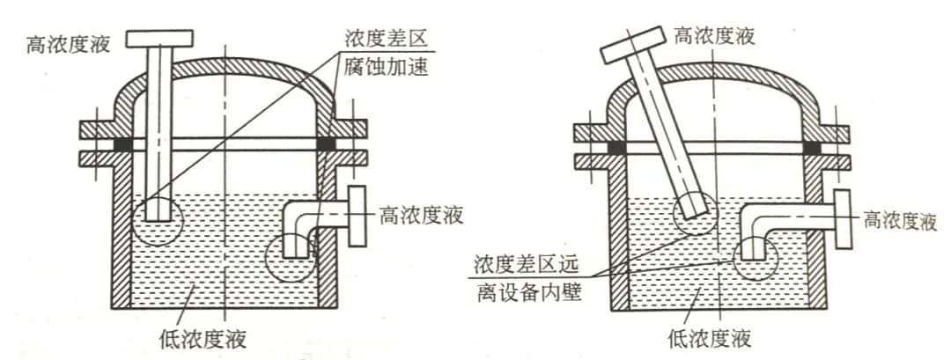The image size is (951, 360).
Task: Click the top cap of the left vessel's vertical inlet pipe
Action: tap(159, 39)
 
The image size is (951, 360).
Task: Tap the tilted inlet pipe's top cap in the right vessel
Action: tap(632, 44)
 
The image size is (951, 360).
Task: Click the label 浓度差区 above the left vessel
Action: tap(387, 40)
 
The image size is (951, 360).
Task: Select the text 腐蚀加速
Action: tap(387, 67)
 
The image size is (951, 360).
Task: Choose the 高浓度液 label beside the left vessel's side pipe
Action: tap(422, 215)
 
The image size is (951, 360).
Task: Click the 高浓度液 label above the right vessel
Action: tap(714, 35)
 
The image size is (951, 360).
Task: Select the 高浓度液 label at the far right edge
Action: tap(900, 222)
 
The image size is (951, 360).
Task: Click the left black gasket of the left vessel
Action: tap(123, 145)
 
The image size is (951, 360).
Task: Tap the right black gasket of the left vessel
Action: tap(326, 145)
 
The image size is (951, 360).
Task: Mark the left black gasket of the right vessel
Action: tap(616, 147)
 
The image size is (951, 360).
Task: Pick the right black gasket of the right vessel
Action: tap(812, 147)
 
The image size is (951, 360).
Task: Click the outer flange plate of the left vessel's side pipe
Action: tap(358, 216)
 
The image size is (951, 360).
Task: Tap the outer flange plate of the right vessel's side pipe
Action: tap(844, 219)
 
